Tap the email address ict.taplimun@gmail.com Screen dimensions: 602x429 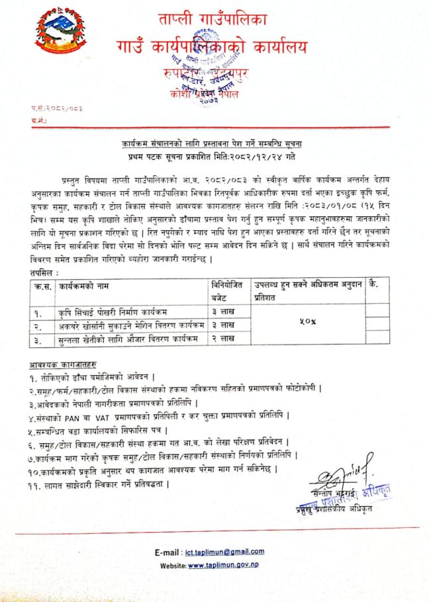click(x=225, y=551)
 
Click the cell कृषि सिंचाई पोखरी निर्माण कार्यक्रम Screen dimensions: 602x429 click(x=111, y=311)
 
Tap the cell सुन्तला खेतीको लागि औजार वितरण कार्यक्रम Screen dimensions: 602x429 click(x=117, y=339)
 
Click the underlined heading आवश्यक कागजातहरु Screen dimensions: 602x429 click(x=60, y=364)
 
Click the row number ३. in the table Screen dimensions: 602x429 click(x=39, y=339)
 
